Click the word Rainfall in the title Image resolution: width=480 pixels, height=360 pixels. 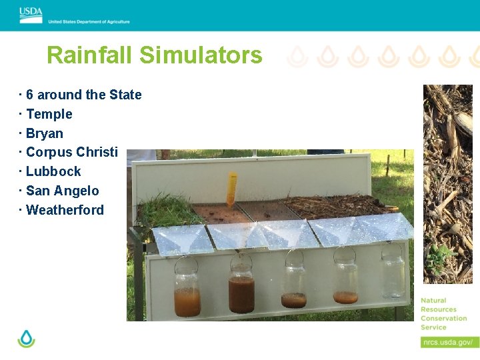90,55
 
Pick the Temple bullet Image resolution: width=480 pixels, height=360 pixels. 49,114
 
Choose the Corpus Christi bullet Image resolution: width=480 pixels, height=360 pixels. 71,152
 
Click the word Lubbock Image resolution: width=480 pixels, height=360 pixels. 53,171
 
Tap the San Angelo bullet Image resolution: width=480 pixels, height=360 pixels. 62,191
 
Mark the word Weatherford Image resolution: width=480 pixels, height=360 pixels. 65,210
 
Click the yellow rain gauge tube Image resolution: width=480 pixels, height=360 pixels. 231,189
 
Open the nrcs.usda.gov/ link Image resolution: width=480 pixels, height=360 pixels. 449,342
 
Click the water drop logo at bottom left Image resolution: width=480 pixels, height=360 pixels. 26,339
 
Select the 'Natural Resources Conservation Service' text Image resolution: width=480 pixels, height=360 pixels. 443,314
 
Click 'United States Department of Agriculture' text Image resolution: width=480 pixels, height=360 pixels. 89,21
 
